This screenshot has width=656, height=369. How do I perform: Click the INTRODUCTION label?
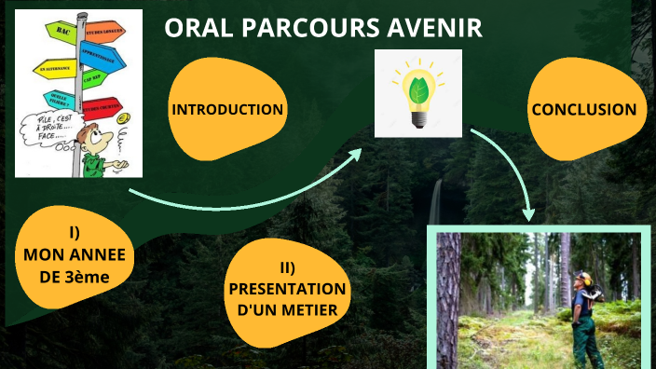(x=226, y=110)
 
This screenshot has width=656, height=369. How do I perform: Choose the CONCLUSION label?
(x=583, y=110)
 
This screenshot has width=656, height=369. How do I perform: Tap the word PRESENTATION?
(x=287, y=289)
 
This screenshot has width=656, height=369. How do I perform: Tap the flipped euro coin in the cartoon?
(x=122, y=117)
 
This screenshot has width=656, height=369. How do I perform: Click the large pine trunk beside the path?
(x=450, y=298)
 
